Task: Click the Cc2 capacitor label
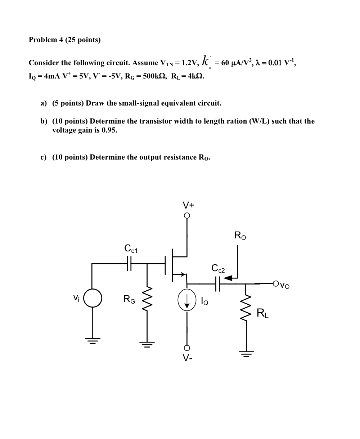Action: click(218, 268)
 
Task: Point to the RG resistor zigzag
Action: click(147, 300)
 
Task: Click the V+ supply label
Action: click(189, 205)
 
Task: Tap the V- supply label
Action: click(186, 358)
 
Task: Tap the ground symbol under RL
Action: click(246, 353)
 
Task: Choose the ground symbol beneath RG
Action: click(147, 344)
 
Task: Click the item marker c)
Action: click(44, 157)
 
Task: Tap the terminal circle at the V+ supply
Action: click(187, 216)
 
